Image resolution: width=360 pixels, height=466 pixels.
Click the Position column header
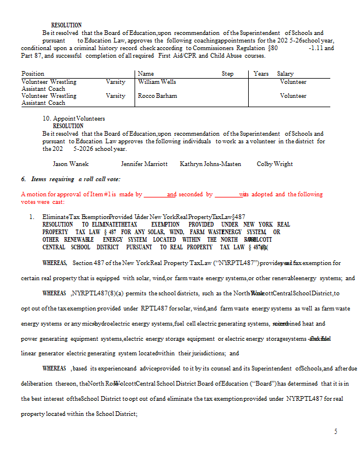(x=33, y=74)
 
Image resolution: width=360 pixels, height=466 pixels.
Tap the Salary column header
(x=285, y=74)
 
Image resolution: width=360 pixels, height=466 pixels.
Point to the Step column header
(x=227, y=74)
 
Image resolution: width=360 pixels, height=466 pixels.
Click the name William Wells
(x=157, y=82)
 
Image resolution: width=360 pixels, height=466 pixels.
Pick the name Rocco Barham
(x=157, y=96)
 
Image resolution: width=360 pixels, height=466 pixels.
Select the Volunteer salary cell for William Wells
(x=293, y=82)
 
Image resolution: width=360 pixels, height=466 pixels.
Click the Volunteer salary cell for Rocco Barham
(x=293, y=96)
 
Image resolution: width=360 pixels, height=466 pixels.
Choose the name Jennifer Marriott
(x=144, y=164)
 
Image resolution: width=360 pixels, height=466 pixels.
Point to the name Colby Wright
(x=275, y=164)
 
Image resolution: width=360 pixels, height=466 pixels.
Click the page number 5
(x=336, y=432)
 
